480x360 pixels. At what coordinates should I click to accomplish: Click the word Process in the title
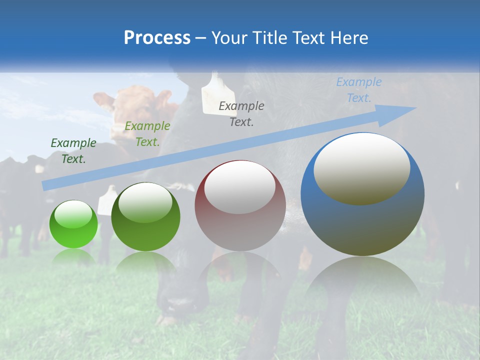click(157, 38)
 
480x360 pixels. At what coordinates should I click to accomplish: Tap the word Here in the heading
click(348, 38)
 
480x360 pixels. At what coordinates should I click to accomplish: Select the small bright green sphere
click(73, 224)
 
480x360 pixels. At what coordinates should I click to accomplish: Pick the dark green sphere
click(145, 217)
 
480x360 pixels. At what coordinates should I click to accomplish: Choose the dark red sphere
click(240, 206)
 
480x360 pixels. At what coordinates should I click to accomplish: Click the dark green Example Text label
click(73, 151)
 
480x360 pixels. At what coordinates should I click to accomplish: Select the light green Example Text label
click(147, 134)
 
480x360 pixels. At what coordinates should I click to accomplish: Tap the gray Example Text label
click(241, 113)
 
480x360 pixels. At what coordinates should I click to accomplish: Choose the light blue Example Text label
click(358, 90)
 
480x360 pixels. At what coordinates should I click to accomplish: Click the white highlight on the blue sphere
click(361, 167)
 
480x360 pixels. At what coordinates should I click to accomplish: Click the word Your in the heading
click(229, 38)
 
